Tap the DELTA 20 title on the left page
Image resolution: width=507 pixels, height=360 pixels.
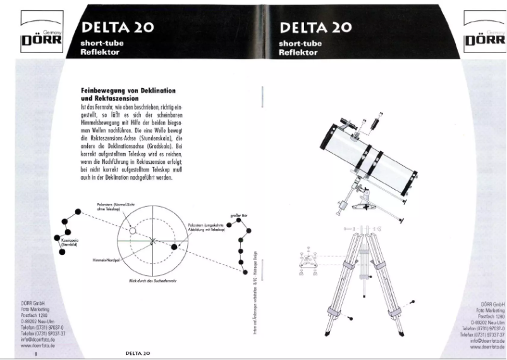[118, 27]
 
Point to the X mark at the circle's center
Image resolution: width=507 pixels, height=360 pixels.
[152, 240]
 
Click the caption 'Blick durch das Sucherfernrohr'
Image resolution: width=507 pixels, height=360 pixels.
[152, 280]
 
